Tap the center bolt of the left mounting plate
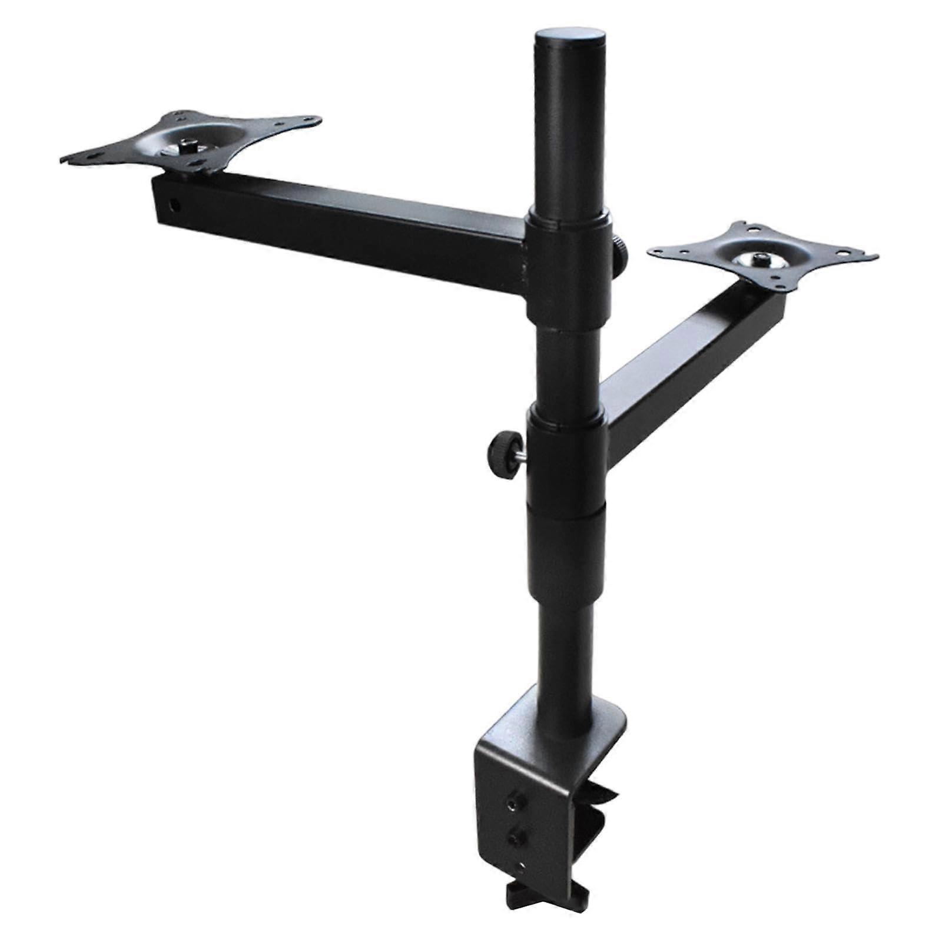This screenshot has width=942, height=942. point(190,145)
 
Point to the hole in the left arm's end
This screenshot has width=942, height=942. point(174,205)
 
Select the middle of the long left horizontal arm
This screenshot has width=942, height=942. point(341,227)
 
